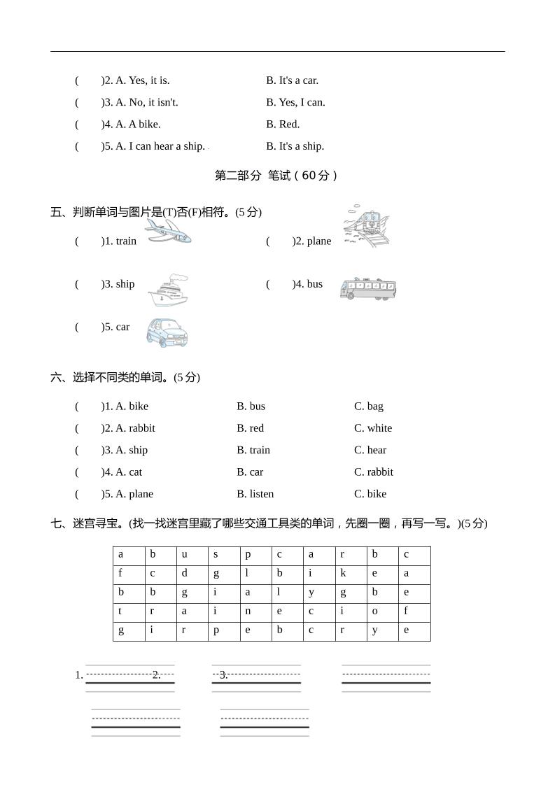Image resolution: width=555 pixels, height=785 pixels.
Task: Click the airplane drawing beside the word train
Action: pos(168,232)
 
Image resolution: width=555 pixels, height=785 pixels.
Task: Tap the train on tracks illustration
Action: pos(366,225)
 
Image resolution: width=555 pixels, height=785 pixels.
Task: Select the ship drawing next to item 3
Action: pos(168,290)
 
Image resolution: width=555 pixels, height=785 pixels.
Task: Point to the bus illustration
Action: pos(368,288)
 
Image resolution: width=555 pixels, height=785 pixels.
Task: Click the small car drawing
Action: pos(167,332)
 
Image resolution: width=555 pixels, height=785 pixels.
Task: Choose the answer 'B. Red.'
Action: pos(283,124)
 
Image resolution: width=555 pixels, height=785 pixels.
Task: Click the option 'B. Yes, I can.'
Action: pos(295,102)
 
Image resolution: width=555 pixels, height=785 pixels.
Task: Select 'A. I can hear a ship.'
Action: pos(160,146)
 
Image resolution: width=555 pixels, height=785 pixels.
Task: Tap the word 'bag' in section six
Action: pos(369,406)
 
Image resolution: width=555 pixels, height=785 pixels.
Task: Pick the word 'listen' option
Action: pos(255,494)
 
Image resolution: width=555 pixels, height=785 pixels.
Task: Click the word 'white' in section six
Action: pos(373,428)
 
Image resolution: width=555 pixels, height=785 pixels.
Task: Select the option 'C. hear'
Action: pos(370,450)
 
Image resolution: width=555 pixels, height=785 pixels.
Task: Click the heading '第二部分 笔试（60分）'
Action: pos(276,176)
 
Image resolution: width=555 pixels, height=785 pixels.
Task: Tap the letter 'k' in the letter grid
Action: pos(343,573)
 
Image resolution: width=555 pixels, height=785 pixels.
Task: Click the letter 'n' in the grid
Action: pos(248,611)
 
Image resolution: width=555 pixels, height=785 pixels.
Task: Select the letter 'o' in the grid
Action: pos(375,611)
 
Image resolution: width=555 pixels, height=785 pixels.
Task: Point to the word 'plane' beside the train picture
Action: pos(318,241)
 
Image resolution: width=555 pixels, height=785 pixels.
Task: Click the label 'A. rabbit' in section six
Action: pos(135,428)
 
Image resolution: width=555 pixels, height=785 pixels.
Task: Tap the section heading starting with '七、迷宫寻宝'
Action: pos(269,523)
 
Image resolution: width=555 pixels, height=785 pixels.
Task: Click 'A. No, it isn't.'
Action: pos(146,102)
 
